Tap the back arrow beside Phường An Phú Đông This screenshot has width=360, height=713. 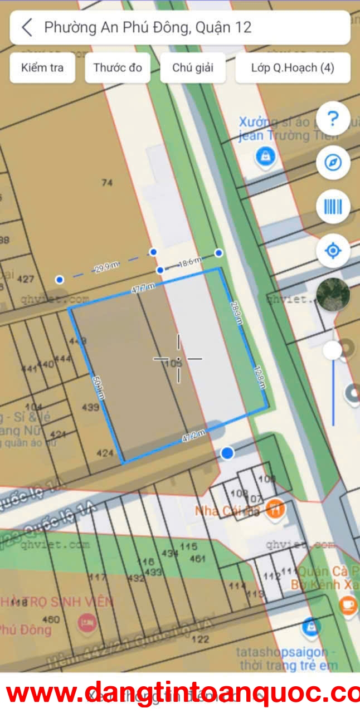(27, 27)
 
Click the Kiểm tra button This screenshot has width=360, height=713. (42, 68)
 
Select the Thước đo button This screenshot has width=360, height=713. (118, 68)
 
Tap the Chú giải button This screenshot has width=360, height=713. (192, 68)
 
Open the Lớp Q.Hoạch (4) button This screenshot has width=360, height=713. (293, 68)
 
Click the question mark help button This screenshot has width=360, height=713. (333, 118)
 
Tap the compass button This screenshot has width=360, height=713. (333, 163)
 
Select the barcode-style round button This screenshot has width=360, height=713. (333, 207)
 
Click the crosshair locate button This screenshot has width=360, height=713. (333, 251)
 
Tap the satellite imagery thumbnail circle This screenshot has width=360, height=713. (333, 294)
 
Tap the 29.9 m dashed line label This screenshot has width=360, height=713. (106, 268)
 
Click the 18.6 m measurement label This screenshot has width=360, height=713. (189, 262)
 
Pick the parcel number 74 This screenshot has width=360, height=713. (108, 183)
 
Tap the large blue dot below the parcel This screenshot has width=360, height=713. (227, 453)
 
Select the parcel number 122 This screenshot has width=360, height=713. (200, 639)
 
